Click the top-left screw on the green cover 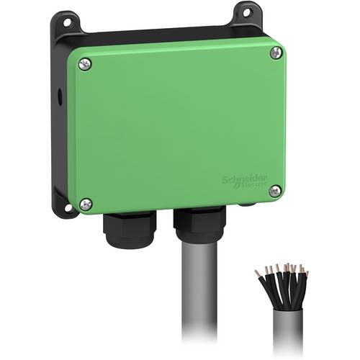coord(86,64)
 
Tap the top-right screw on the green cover coord(276,53)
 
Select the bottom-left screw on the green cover coord(86,204)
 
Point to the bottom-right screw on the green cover coord(274,191)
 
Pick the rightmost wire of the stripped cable coord(305,276)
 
